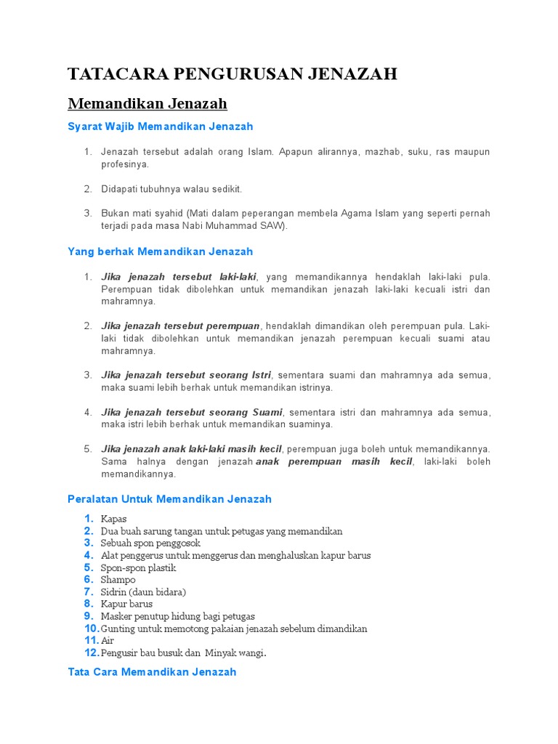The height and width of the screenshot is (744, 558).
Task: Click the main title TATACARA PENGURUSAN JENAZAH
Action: pyautogui.click(x=232, y=73)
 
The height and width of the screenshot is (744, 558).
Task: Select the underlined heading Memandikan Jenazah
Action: pyautogui.click(x=147, y=103)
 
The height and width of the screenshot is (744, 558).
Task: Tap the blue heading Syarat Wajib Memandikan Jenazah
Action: pyautogui.click(x=160, y=126)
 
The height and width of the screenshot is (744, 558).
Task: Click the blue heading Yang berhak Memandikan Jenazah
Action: pyautogui.click(x=160, y=251)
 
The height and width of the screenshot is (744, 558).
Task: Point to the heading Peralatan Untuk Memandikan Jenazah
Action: pyautogui.click(x=169, y=499)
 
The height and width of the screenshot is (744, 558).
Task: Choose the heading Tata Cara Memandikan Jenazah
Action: pyautogui.click(x=152, y=672)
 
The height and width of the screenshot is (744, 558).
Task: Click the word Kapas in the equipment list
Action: pyautogui.click(x=114, y=519)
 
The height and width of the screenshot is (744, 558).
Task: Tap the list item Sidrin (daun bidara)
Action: pyautogui.click(x=144, y=592)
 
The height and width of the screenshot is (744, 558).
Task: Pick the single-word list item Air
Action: pyautogui.click(x=108, y=641)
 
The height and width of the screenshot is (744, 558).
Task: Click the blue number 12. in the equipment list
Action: pyautogui.click(x=92, y=652)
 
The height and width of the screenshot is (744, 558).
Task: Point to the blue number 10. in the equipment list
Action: pyautogui.click(x=92, y=628)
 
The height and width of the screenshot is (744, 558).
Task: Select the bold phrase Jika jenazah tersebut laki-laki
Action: pyautogui.click(x=179, y=277)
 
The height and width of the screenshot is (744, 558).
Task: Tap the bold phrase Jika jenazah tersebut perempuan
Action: pyautogui.click(x=181, y=326)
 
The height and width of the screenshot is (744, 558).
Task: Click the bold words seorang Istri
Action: pyautogui.click(x=240, y=375)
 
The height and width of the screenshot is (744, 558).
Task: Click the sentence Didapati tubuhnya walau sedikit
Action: pyautogui.click(x=171, y=189)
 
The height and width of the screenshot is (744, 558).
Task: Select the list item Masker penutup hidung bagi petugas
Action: pyautogui.click(x=178, y=616)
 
